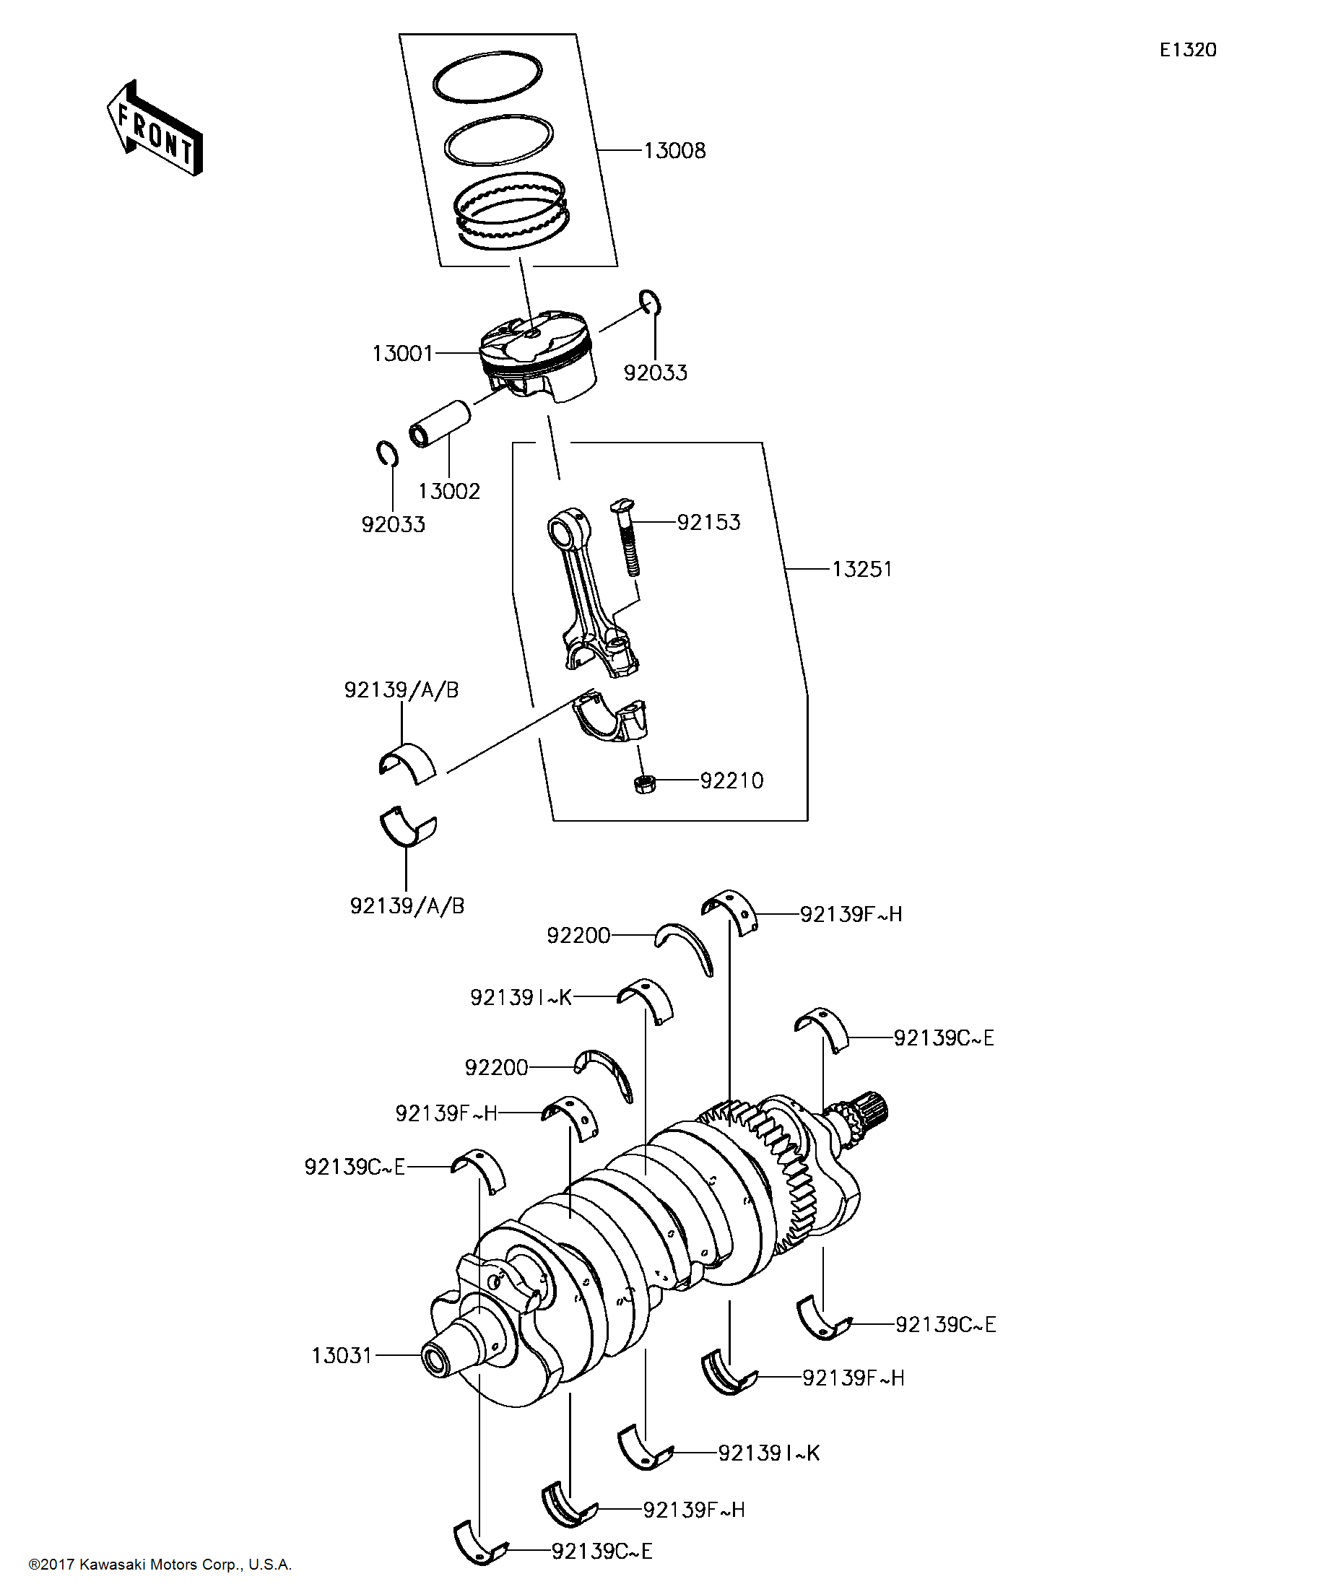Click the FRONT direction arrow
(x=155, y=129)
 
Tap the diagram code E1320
(x=1187, y=50)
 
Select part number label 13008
(x=674, y=151)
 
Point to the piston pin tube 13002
(x=440, y=424)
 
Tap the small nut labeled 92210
(x=646, y=783)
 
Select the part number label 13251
(x=861, y=570)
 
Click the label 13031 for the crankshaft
(x=342, y=1355)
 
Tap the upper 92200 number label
(x=578, y=936)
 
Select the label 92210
(x=731, y=781)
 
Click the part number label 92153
(x=708, y=522)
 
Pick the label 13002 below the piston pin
(x=449, y=491)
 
